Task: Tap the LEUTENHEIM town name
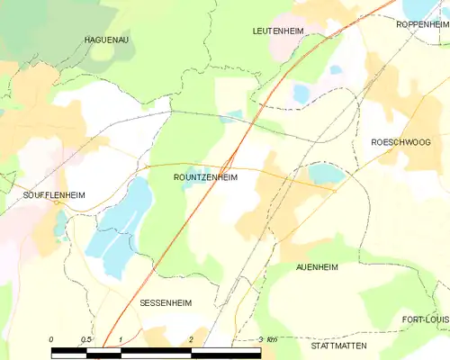pyautogui.click(x=278, y=31)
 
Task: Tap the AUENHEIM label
pyautogui.click(x=316, y=268)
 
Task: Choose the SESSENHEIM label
pyautogui.click(x=166, y=304)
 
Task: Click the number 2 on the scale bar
pyautogui.click(x=192, y=339)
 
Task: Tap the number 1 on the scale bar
pyautogui.click(x=121, y=339)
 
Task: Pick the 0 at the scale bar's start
pyautogui.click(x=51, y=339)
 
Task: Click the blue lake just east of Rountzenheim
pyautogui.click(x=325, y=173)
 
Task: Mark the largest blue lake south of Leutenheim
pyautogui.click(x=301, y=92)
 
